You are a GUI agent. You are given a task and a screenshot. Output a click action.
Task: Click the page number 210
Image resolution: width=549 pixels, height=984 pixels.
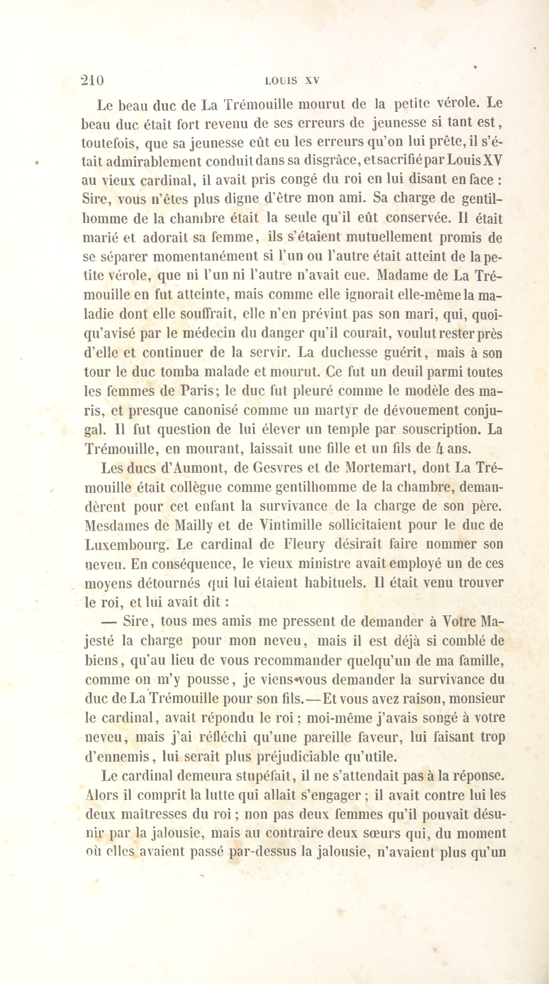click(93, 81)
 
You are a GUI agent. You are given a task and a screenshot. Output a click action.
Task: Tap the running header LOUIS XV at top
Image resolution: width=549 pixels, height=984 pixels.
click(291, 81)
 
